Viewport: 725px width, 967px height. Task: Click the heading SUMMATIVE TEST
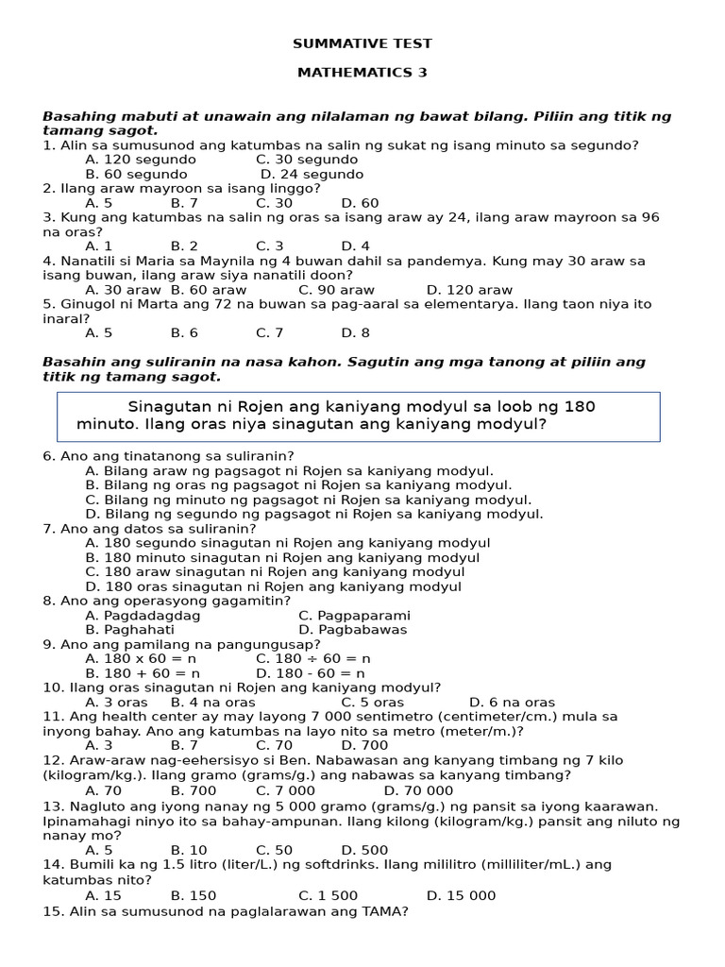362,43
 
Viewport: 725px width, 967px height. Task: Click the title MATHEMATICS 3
362,72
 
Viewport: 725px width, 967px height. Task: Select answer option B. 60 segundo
136,174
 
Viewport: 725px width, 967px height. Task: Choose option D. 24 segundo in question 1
312,174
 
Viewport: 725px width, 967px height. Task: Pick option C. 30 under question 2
274,203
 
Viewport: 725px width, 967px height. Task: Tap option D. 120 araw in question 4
469,290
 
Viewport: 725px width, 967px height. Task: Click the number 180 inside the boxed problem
579,406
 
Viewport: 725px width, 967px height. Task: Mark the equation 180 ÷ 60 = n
313,658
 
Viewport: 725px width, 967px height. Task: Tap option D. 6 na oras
512,703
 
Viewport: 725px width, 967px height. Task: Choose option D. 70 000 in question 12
418,789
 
